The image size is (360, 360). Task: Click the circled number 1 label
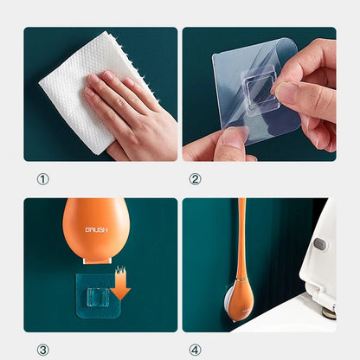click(x=42, y=179)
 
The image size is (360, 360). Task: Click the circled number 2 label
click(x=195, y=179)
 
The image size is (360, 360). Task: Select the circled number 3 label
click(x=42, y=350)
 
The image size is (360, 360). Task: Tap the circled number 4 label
click(x=195, y=350)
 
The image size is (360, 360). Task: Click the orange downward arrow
click(x=121, y=286)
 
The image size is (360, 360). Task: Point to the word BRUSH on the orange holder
click(x=97, y=231)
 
